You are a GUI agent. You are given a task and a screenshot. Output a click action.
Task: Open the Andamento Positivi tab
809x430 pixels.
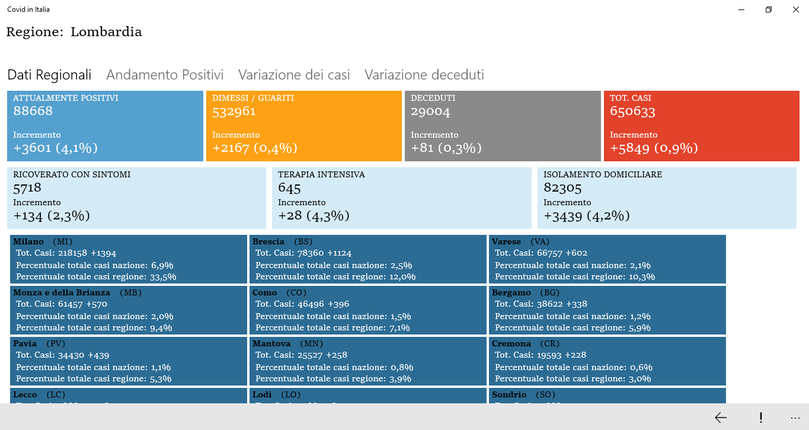(x=165, y=75)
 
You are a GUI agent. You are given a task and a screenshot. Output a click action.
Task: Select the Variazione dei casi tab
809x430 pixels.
(x=294, y=75)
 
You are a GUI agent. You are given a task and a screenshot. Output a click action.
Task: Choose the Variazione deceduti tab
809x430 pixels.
(x=424, y=75)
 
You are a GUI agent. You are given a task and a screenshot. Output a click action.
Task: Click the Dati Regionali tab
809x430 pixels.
(x=49, y=75)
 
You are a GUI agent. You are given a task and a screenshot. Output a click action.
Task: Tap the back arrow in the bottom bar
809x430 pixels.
(x=721, y=418)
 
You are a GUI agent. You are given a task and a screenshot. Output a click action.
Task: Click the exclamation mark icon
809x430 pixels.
(x=760, y=418)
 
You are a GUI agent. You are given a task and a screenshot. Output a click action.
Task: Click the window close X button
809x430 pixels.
(x=796, y=9)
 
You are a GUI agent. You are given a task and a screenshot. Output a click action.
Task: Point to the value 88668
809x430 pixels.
(x=33, y=111)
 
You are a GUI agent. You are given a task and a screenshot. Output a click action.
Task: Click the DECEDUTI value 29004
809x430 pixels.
(x=431, y=111)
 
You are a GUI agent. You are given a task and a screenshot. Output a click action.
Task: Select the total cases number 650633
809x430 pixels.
(x=632, y=111)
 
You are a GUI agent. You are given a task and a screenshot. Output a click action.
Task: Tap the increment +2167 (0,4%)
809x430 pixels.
(x=255, y=148)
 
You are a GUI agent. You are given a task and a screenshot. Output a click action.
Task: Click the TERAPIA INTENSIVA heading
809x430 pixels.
(x=321, y=174)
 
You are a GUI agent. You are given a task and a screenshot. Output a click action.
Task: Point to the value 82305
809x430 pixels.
(x=562, y=188)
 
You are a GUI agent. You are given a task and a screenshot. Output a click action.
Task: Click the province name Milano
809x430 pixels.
(x=28, y=241)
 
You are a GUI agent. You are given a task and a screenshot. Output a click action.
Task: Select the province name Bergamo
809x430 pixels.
(x=511, y=292)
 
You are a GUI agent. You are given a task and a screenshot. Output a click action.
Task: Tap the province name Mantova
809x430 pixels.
(x=271, y=343)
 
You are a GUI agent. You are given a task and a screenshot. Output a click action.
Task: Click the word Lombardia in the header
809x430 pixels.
(x=106, y=32)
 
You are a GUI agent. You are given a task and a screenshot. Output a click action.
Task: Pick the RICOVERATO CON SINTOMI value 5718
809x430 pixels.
(x=27, y=188)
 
